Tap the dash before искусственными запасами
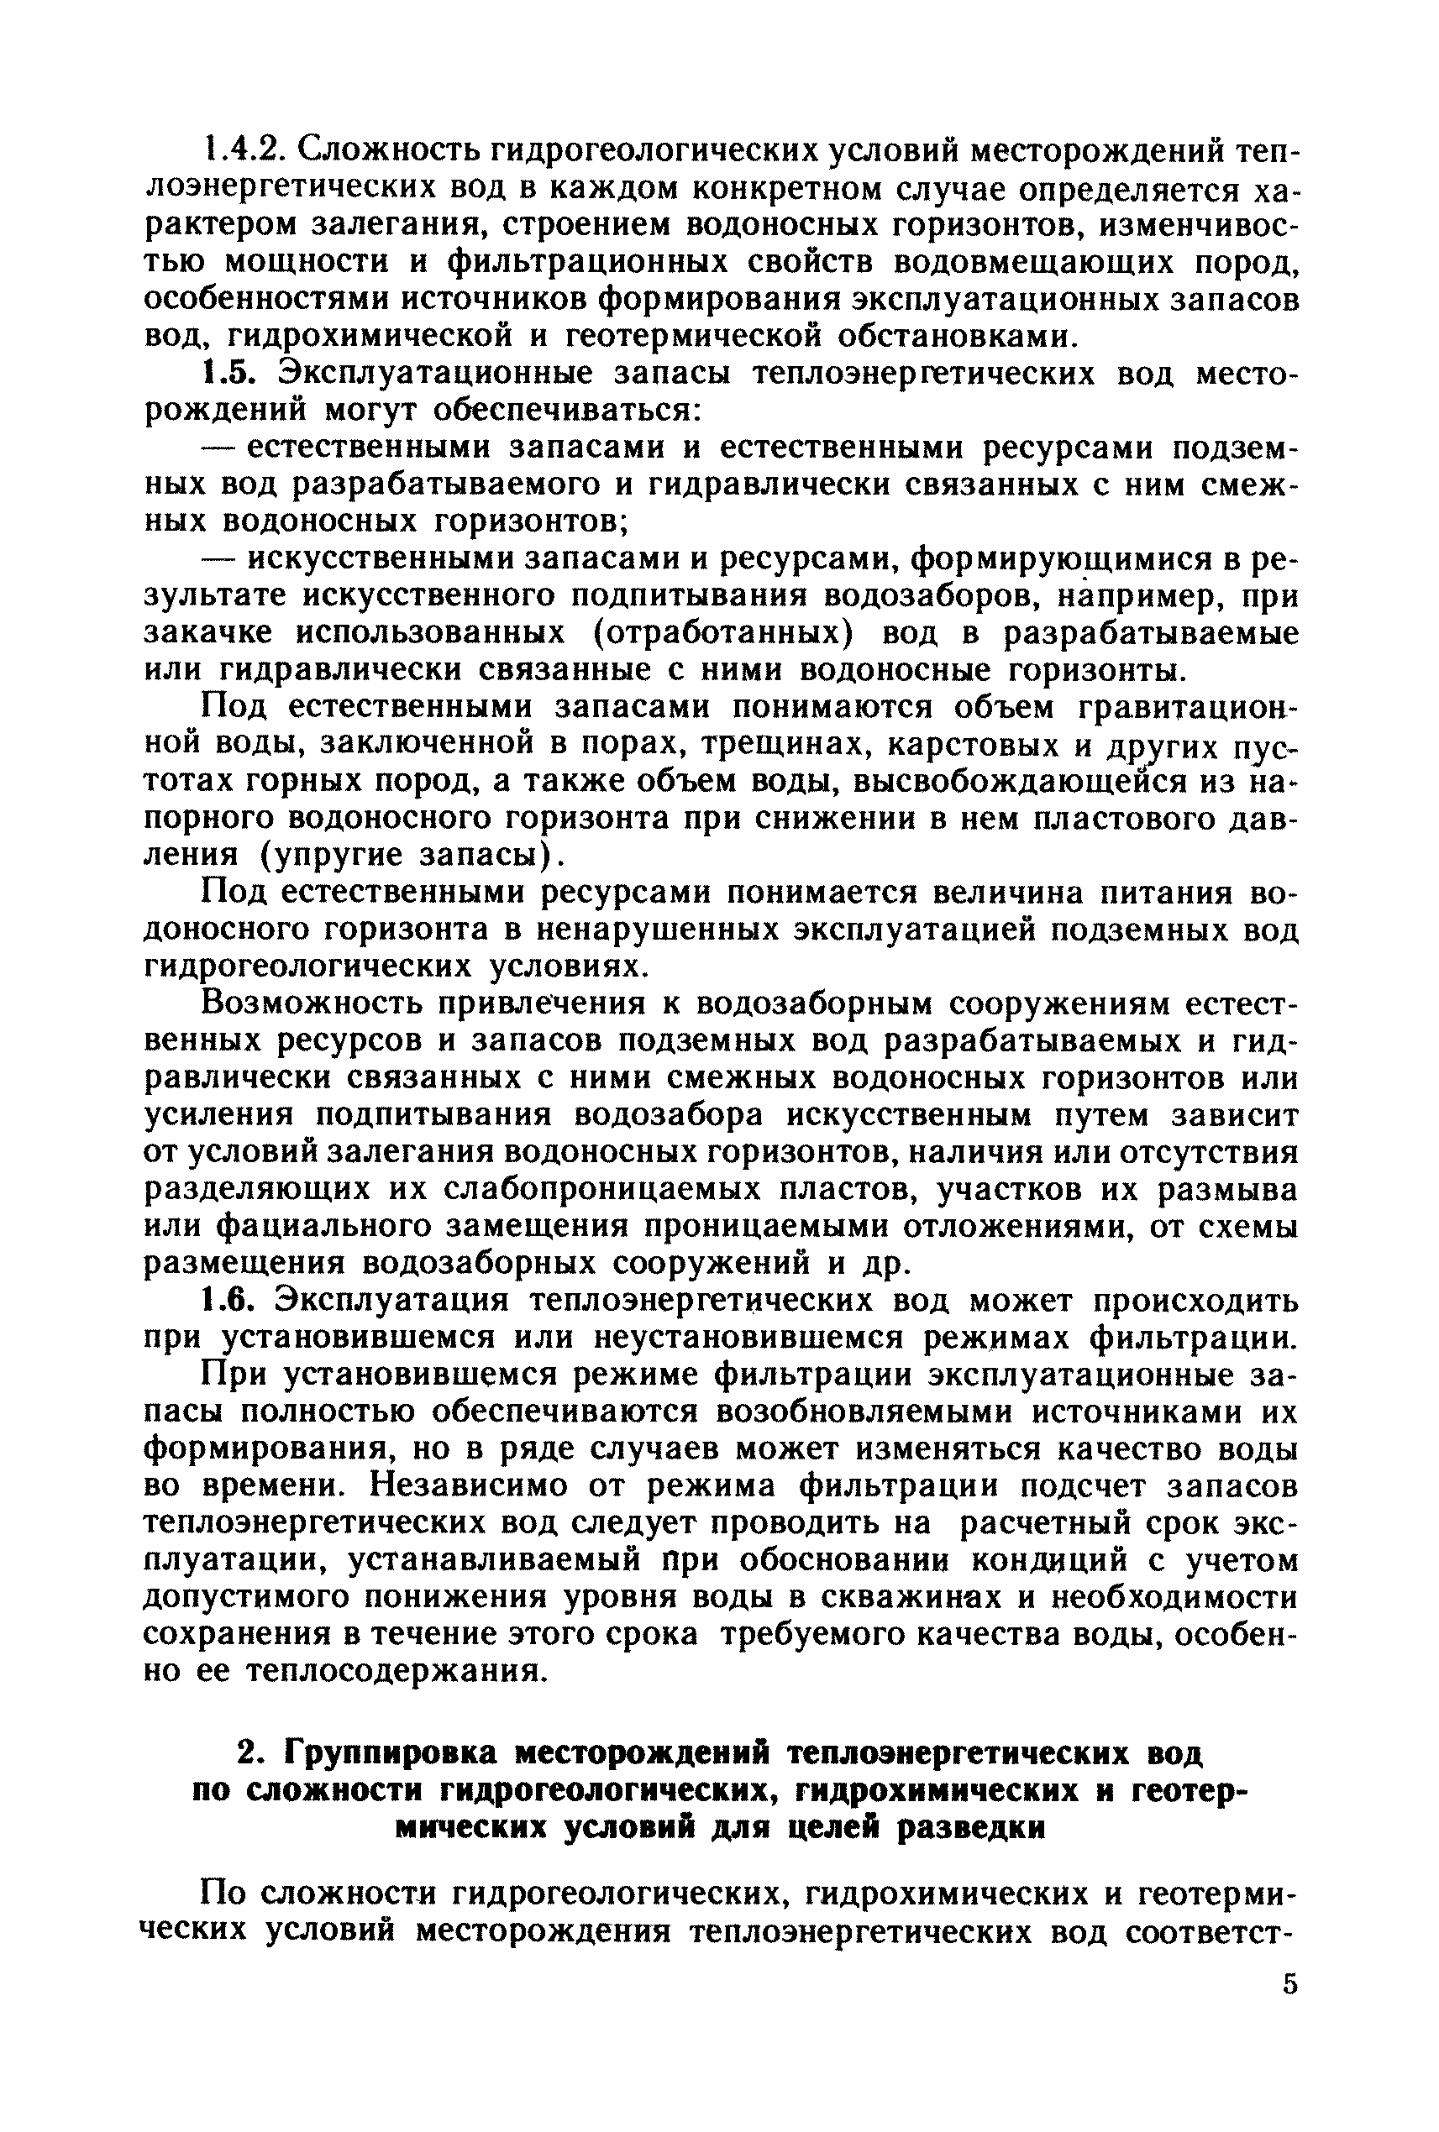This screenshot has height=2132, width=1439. click(219, 558)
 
